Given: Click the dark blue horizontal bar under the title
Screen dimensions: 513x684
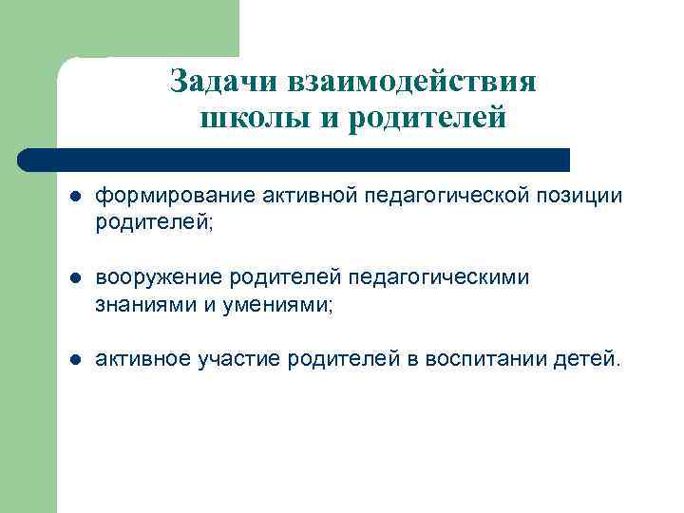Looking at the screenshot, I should pyautogui.click(x=294, y=159).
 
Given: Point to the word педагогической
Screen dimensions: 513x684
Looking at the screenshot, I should pyautogui.click(x=412, y=196).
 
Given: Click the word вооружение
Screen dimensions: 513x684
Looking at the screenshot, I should pyautogui.click(x=151, y=277).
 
